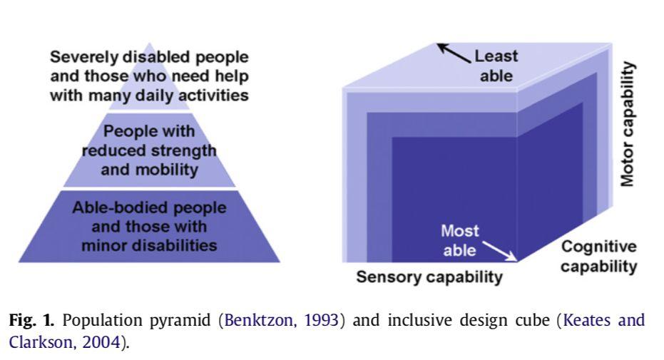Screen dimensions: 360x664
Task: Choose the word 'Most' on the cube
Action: (460, 231)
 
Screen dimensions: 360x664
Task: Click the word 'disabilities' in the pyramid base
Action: (179, 246)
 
